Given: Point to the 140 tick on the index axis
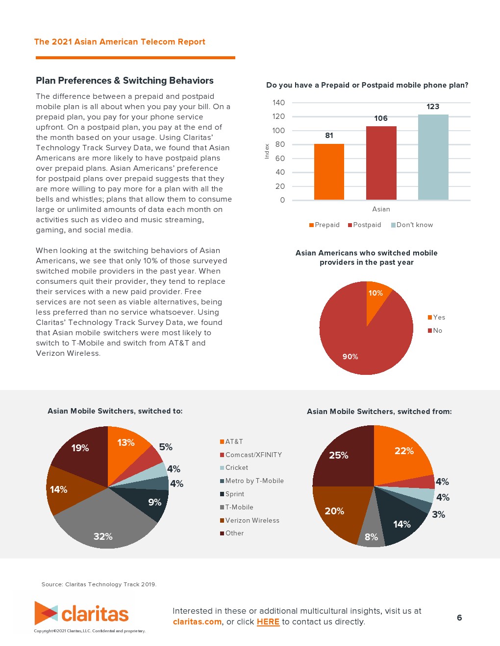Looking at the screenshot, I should point(278,103).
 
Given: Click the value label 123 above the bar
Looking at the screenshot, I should point(433,107).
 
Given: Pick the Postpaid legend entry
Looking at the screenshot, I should point(365,225).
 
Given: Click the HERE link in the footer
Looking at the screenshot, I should point(268,622).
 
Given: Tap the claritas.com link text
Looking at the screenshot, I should point(197,622).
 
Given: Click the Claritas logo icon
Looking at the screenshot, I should point(46,613).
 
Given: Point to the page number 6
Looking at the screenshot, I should point(459,618).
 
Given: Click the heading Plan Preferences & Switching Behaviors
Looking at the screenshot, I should point(125,81).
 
